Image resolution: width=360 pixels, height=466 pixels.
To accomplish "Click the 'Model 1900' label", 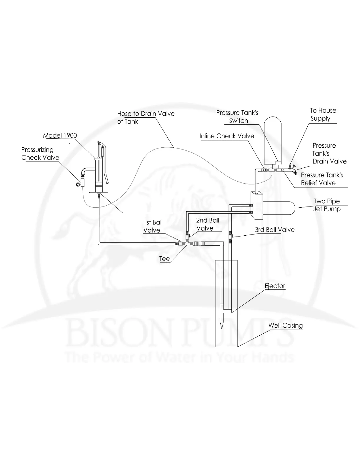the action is [60, 136].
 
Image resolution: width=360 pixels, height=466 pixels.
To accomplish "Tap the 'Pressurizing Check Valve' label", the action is [40, 154].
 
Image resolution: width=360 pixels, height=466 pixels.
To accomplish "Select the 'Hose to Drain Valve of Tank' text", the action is [146, 117].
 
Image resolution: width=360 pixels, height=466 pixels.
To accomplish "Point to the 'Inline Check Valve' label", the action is [226, 136].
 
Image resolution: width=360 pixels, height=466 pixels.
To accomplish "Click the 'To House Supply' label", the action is [323, 114].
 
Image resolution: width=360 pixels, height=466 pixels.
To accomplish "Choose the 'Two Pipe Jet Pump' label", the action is [327, 205].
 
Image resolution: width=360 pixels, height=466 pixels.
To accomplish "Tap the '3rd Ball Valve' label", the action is [274, 230].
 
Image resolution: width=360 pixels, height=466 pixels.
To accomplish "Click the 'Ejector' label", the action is [275, 286].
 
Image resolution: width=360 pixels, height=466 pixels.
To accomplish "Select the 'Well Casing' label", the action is [285, 325].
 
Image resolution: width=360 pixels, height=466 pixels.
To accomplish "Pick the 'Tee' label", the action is [164, 259].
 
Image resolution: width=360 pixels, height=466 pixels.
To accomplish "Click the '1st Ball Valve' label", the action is [153, 226].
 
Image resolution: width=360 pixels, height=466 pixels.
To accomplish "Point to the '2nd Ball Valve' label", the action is [207, 224].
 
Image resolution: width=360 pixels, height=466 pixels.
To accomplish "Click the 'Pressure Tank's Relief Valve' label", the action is [322, 179].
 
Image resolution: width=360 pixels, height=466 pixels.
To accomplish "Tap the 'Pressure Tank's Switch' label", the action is [237, 116].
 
